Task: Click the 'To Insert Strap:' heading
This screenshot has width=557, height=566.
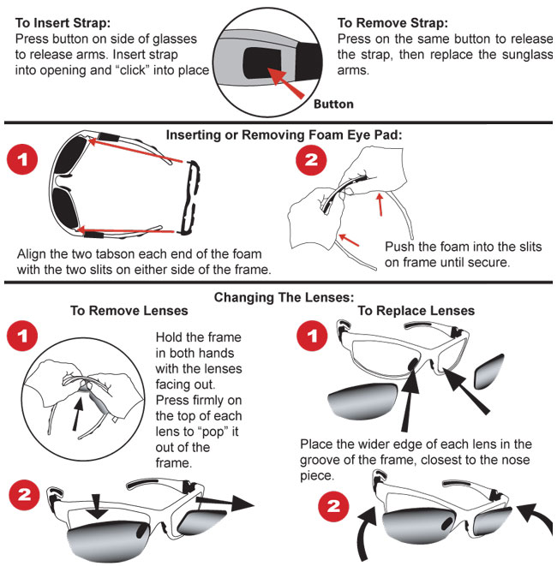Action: pos(63,23)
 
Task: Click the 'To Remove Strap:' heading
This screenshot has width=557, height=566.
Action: pos(392,23)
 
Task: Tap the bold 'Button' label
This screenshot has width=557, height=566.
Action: pos(333,104)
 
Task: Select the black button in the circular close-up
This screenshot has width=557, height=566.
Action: pos(262,64)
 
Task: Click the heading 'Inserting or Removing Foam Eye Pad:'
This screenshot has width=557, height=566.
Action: pos(284,135)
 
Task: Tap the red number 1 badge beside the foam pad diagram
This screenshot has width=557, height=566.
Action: pos(22,159)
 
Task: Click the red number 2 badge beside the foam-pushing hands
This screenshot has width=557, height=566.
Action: pos(311,160)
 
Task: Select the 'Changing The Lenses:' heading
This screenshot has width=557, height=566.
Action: pos(284,297)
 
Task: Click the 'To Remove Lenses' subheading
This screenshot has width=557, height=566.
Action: pos(129,311)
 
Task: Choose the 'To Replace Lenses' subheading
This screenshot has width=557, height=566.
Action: pos(416,311)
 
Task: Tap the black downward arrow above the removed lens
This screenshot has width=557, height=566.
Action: pos(97,506)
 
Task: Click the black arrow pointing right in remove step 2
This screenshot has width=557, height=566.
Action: pos(225,502)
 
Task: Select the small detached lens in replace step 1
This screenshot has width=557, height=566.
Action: pos(488,372)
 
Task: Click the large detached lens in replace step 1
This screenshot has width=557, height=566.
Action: pos(362,402)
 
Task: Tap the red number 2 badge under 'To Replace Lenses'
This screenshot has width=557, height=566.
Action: pos(333,506)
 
